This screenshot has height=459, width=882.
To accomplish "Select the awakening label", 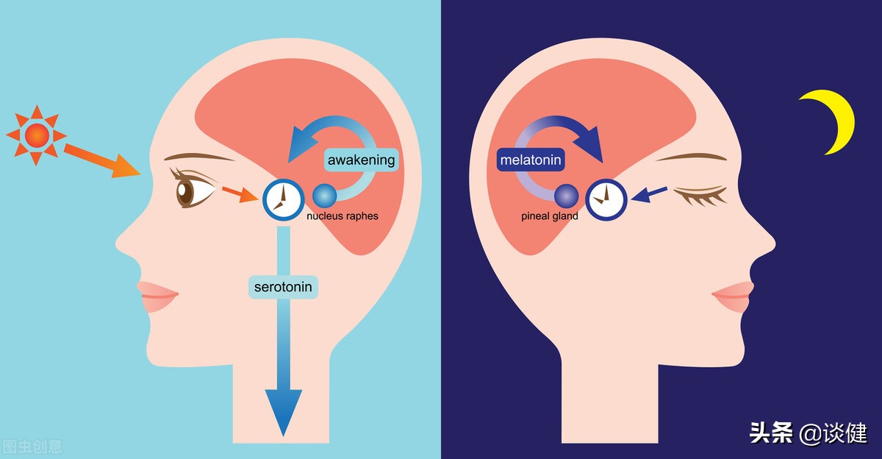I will (x=361, y=160).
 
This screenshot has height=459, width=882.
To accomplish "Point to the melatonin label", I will (x=530, y=160).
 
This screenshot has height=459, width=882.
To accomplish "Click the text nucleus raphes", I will (x=343, y=217).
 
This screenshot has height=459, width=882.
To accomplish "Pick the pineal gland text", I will (x=550, y=217).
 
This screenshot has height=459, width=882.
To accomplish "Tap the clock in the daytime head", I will (x=284, y=199).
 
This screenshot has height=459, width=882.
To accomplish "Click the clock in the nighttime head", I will (x=606, y=199).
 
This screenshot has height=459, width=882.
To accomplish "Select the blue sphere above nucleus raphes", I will (x=325, y=196).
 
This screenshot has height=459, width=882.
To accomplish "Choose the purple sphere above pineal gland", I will (x=567, y=196).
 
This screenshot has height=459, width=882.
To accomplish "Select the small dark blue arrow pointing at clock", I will (x=649, y=194).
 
